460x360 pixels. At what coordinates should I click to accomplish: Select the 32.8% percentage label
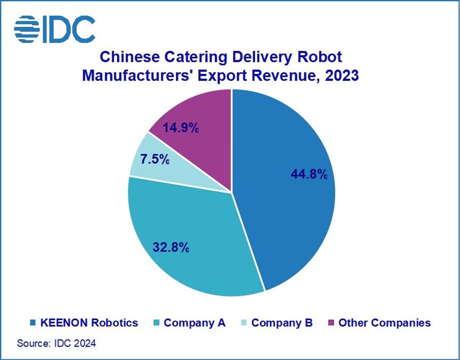click(171, 247)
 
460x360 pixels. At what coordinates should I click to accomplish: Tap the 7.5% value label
click(155, 159)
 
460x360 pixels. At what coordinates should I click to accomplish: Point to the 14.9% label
click(180, 127)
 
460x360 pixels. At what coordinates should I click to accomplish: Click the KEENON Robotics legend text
click(89, 323)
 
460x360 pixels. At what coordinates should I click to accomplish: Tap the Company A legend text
click(194, 323)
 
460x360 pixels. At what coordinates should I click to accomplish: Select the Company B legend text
click(282, 323)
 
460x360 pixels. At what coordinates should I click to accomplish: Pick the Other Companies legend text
click(385, 323)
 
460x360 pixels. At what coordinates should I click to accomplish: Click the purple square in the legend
click(331, 323)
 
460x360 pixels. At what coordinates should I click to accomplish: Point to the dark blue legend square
click(33, 323)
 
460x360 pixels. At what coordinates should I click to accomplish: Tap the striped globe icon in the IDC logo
click(27, 29)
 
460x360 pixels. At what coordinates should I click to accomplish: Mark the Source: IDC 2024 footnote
click(56, 343)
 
